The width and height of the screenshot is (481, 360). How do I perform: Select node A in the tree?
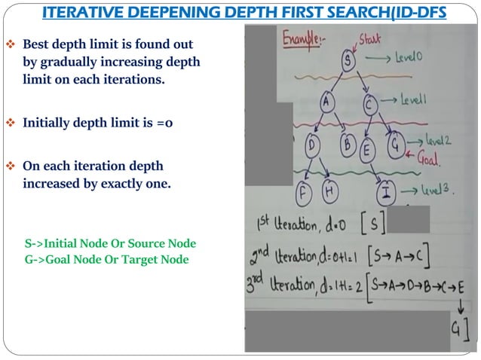pos(326,102)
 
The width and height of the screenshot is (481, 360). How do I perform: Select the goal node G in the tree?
pos(394,144)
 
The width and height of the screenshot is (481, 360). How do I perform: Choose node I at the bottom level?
pos(387,191)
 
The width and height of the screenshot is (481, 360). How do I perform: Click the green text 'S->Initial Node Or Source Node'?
pos(110,244)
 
